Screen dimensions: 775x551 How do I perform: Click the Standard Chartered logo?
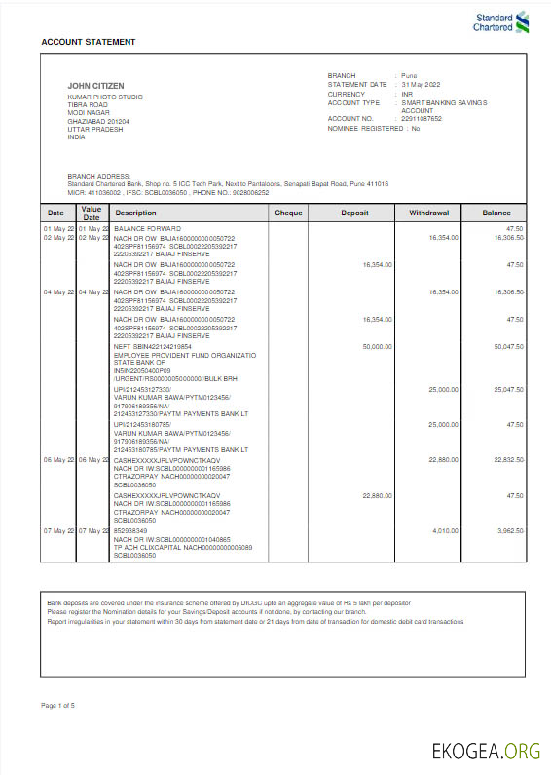point(501,21)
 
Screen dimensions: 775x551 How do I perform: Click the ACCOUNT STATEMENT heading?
point(88,42)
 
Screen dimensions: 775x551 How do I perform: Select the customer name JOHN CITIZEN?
point(94,86)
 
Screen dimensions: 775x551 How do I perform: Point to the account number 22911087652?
point(421,118)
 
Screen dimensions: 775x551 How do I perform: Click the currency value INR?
point(407,94)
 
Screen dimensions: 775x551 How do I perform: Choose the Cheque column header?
point(288,212)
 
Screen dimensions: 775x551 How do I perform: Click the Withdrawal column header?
point(428,212)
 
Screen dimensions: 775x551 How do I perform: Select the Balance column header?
point(496,212)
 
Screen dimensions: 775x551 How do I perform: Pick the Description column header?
point(135,212)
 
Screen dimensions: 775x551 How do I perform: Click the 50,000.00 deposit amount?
point(376,346)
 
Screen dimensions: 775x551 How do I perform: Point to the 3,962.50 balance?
point(509,530)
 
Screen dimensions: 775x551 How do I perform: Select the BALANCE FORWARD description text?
point(143,228)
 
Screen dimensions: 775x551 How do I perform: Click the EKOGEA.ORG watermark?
point(486,751)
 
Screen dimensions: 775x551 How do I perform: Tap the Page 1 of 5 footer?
point(58,704)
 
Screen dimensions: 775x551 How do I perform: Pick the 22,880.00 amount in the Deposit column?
point(376,495)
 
